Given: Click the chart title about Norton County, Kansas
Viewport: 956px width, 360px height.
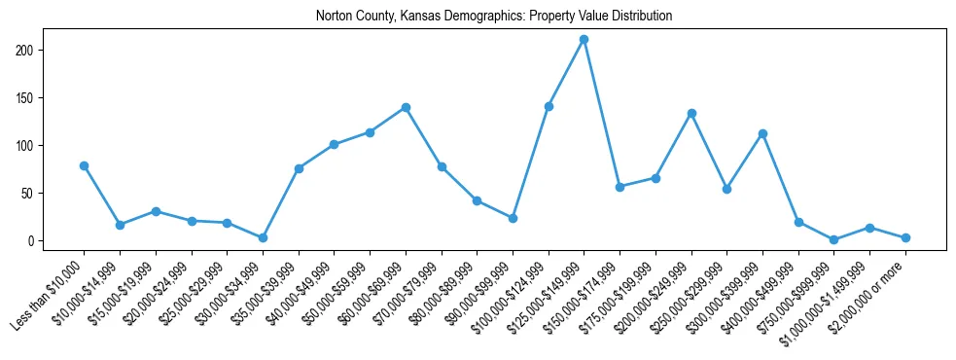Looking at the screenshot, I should point(494,17).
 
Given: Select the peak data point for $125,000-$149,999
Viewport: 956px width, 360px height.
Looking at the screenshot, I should point(584,40).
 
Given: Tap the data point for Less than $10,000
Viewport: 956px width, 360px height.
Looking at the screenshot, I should point(84,165).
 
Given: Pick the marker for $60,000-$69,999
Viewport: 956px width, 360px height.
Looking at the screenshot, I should point(406,107).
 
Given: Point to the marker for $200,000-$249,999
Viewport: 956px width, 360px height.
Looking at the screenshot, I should point(691,113).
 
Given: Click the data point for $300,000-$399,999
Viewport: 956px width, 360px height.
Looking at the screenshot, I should point(762,133).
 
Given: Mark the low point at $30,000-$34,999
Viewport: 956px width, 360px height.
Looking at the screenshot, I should point(263,237).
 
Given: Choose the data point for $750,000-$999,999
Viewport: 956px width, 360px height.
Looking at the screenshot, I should point(834,239).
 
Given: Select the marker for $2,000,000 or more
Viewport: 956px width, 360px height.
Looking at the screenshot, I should point(905,237).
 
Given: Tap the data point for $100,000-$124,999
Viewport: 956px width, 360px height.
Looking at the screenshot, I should point(549,106).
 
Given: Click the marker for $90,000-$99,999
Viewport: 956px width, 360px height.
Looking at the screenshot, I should point(513,218).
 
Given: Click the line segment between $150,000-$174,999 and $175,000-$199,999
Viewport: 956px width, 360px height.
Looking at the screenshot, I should point(637,183).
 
